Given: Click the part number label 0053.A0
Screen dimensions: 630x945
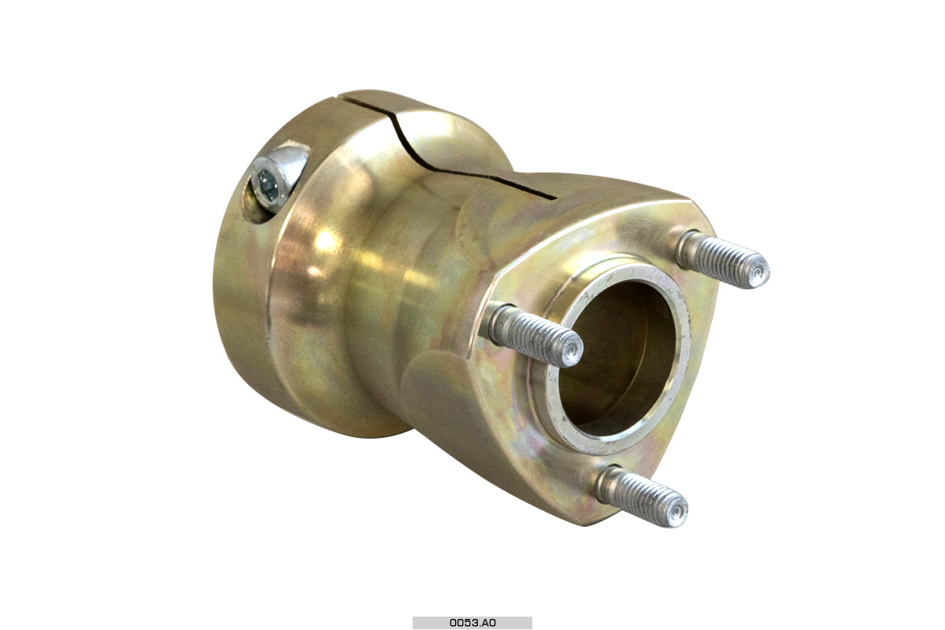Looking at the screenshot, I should pyautogui.click(x=472, y=622).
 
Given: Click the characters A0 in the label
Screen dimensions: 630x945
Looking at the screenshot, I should pyautogui.click(x=488, y=622).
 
